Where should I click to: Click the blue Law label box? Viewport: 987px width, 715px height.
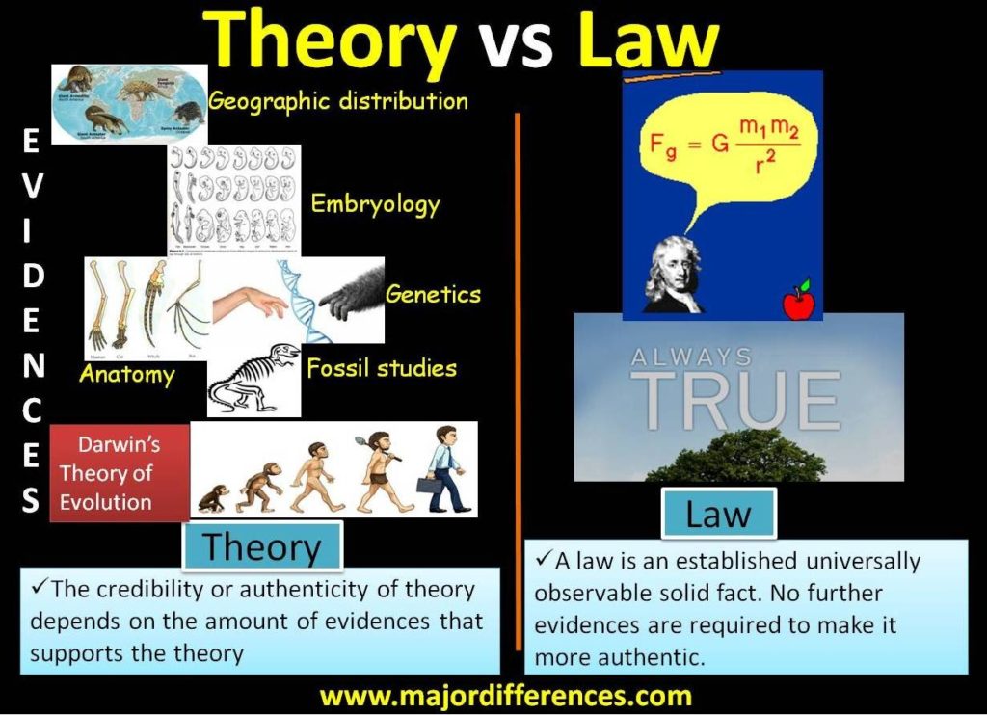pyautogui.click(x=718, y=514)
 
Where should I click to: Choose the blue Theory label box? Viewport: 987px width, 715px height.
pyautogui.click(x=262, y=546)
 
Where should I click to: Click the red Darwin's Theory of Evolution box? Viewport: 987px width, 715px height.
pyautogui.click(x=119, y=473)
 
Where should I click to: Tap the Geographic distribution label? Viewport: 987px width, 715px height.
pyautogui.click(x=338, y=101)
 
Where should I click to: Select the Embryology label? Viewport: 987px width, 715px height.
pyautogui.click(x=375, y=204)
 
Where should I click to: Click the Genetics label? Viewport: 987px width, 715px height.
pyautogui.click(x=433, y=293)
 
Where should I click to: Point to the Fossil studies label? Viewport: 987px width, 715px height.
pyautogui.click(x=382, y=368)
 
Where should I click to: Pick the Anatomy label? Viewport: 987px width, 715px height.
pyautogui.click(x=126, y=374)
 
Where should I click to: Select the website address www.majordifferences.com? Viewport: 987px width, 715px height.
pyautogui.click(x=505, y=696)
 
